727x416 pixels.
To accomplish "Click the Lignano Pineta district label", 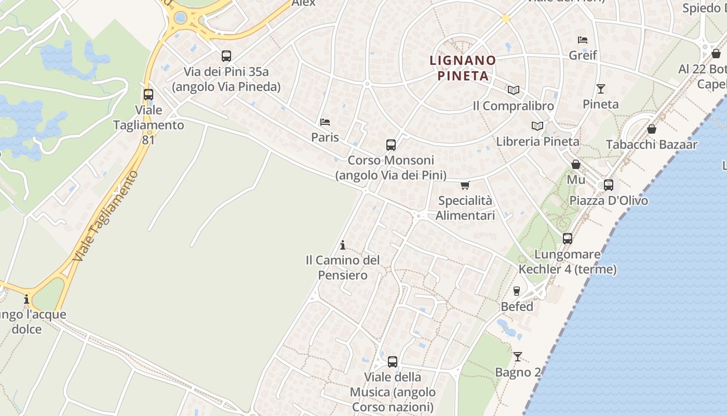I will pos(463,68).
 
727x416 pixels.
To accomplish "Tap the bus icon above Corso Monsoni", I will pos(391,145).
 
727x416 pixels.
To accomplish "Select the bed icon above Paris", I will pos(325,122).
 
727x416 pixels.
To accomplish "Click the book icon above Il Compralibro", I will pos(514,90).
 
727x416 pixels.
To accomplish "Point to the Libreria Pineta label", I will pos(537,141).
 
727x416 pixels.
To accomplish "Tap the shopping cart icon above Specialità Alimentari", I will pos(465,185).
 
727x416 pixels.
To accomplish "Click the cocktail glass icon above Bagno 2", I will pos(518,357).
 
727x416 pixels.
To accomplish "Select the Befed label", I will pos(517,307).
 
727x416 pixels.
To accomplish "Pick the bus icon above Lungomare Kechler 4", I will pos(568,239).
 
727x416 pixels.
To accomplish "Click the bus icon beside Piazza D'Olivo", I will pos(609,185).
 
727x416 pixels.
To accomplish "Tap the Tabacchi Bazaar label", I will pos(651,145).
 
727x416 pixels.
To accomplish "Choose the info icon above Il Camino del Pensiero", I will pos(343,245).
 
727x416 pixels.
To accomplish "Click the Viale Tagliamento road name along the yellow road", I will pos(106,216).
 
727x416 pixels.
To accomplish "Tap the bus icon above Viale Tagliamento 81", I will pos(149,95).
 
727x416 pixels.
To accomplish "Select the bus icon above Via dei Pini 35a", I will pos(226,56).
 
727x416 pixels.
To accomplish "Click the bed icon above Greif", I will pos(583,40).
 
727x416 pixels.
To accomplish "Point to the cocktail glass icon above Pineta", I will pos(601,89).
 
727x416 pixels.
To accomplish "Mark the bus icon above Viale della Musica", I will pos(393,361).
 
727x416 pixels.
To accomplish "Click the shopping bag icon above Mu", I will pos(576,165).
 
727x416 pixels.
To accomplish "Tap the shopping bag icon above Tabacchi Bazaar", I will pos(652,129).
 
